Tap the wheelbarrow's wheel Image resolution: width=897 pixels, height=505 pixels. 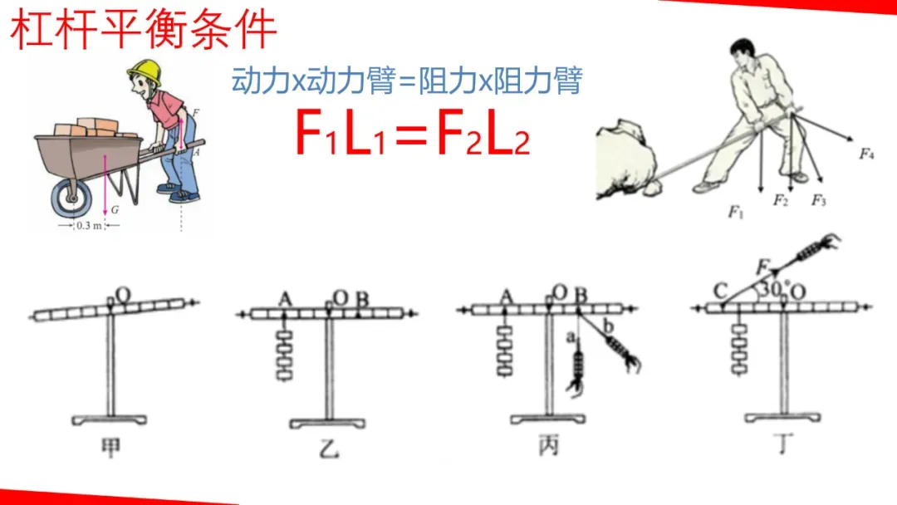pyautogui.click(x=71, y=198)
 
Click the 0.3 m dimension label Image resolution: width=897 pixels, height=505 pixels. pyautogui.click(x=89, y=225)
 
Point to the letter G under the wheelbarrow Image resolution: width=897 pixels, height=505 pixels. pyautogui.click(x=115, y=210)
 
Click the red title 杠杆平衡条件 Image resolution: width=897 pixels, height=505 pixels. pyautogui.click(x=144, y=30)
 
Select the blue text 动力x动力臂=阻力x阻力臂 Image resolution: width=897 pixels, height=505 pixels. pyautogui.click(x=407, y=80)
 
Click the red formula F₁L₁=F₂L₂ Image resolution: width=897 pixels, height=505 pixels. pyautogui.click(x=412, y=133)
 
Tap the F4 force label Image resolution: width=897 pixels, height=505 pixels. pyautogui.click(x=866, y=154)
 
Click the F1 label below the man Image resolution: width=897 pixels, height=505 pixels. pyautogui.click(x=736, y=212)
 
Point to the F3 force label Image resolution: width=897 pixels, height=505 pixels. pyautogui.click(x=819, y=199)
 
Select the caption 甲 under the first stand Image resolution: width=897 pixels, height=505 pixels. pyautogui.click(x=110, y=447)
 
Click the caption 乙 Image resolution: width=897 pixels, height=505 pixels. pyautogui.click(x=329, y=448)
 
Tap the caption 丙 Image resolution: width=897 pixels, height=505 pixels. pyautogui.click(x=548, y=445)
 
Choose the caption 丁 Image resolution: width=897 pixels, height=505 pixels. pyautogui.click(x=784, y=444)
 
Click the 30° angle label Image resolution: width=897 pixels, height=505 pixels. pyautogui.click(x=775, y=288)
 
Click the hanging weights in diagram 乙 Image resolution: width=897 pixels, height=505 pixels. pyautogui.click(x=284, y=354)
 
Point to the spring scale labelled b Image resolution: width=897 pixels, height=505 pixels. pyautogui.click(x=622, y=350)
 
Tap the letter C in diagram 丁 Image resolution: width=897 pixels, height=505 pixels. pyautogui.click(x=721, y=292)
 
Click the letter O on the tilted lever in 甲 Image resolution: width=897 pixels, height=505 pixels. pyautogui.click(x=123, y=295)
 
